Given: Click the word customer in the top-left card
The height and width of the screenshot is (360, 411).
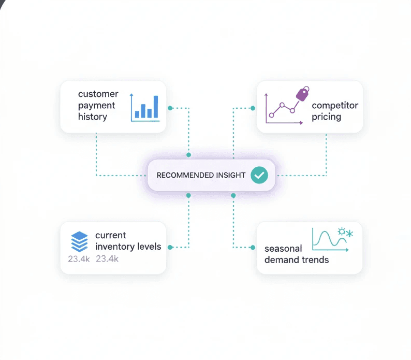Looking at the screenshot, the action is (98, 94).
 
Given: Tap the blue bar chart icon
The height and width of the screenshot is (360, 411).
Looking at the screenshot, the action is (144, 108).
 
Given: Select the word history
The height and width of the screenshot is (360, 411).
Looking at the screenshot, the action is (93, 117).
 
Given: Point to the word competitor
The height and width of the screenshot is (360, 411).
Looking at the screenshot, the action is (335, 105).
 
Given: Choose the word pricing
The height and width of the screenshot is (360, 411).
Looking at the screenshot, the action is (326, 117).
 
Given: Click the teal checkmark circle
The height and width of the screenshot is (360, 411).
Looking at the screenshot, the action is (259, 175).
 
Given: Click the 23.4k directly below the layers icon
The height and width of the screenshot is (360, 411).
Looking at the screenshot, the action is (79, 259).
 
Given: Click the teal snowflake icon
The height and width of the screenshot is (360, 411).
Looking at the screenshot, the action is (349, 234).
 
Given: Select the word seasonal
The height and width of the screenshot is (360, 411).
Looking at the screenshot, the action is (283, 248).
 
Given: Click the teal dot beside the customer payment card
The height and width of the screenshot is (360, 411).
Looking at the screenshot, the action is (170, 108).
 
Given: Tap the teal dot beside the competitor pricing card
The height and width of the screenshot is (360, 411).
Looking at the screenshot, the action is (253, 108).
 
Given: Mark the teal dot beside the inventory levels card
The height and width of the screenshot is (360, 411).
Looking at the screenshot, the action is (170, 247).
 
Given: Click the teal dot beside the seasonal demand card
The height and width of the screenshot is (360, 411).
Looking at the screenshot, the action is (253, 247).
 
